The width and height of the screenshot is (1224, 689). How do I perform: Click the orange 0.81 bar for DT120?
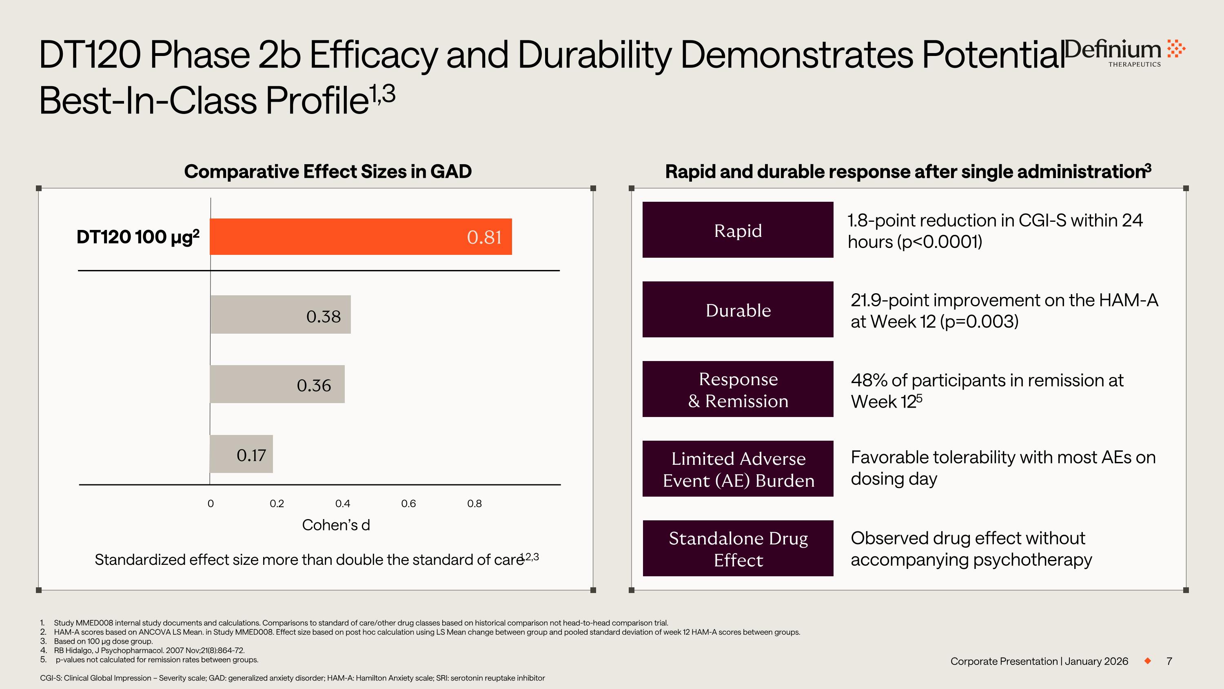pyautogui.click(x=361, y=237)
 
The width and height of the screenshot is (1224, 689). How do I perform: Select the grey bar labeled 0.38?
pyautogui.click(x=280, y=314)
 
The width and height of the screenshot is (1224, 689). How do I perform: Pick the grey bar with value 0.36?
pyautogui.click(x=277, y=384)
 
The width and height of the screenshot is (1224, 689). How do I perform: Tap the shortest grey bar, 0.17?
pyautogui.click(x=242, y=454)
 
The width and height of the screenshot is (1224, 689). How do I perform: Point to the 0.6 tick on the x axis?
pyautogui.click(x=408, y=504)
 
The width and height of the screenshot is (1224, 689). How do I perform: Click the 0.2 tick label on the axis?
pyautogui.click(x=277, y=504)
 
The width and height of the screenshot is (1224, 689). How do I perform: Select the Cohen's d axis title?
pyautogui.click(x=336, y=525)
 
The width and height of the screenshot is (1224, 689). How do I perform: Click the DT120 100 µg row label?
pyautogui.click(x=138, y=237)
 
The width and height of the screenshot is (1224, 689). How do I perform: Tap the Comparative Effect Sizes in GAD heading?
pyautogui.click(x=327, y=171)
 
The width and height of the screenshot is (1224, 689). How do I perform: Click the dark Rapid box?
pyautogui.click(x=737, y=230)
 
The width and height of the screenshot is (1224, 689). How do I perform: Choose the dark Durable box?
pyautogui.click(x=737, y=310)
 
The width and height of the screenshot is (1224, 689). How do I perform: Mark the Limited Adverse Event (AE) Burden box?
pyautogui.click(x=737, y=469)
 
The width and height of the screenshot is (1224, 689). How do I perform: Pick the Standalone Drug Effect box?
pyautogui.click(x=737, y=548)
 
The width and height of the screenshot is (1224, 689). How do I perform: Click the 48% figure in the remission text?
pyautogui.click(x=869, y=380)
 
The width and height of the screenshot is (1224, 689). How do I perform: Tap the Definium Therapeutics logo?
pyautogui.click(x=1124, y=52)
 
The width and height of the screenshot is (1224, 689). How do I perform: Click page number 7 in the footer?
pyautogui.click(x=1169, y=661)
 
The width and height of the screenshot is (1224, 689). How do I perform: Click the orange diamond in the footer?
pyautogui.click(x=1147, y=661)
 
